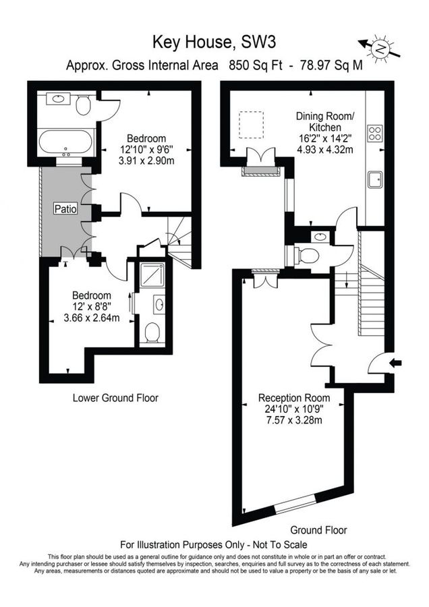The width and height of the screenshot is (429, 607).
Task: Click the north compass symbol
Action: point(381,48)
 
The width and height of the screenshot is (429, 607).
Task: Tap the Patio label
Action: point(65,210)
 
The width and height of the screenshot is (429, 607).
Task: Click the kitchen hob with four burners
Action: point(375,134)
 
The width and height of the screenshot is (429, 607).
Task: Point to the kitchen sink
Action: point(375,179)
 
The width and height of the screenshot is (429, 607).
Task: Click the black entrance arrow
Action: point(396,363)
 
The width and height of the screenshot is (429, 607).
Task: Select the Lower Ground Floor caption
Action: point(115,398)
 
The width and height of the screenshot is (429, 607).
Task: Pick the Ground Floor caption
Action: point(319,529)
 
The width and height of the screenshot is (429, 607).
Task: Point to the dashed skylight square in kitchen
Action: point(252,124)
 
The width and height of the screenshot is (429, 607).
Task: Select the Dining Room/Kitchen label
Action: point(324,121)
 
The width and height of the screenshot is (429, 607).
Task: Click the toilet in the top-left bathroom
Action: point(84,105)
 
